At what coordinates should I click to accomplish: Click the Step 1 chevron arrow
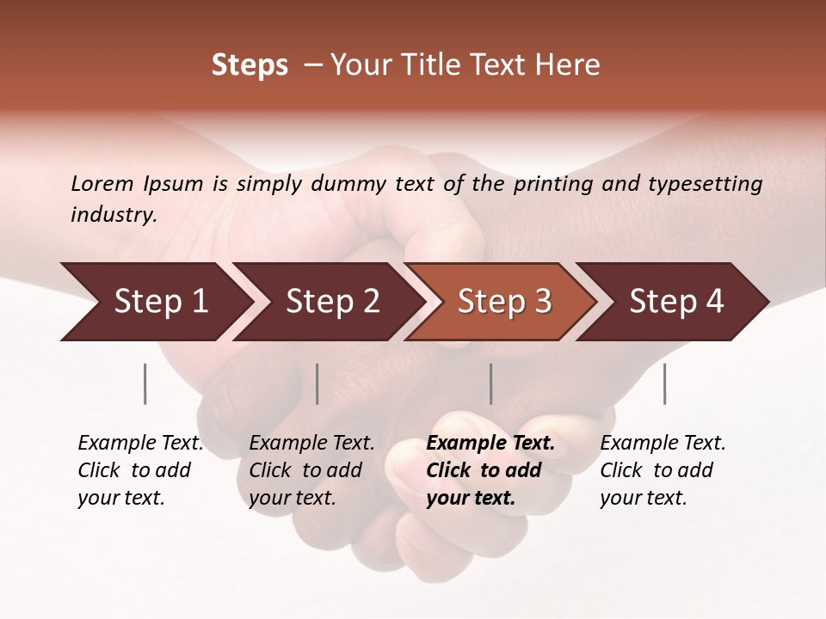click(x=155, y=302)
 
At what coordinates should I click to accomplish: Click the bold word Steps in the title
click(x=250, y=65)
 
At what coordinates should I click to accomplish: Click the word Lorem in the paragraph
click(x=102, y=183)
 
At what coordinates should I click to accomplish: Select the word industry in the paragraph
click(x=113, y=214)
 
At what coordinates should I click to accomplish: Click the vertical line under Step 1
click(x=145, y=383)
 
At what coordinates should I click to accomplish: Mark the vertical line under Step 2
click(x=317, y=383)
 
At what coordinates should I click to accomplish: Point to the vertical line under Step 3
click(x=491, y=383)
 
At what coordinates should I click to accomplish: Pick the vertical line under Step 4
click(x=665, y=383)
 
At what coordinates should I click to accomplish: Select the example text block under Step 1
click(x=140, y=470)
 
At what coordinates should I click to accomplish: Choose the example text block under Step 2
click(x=311, y=470)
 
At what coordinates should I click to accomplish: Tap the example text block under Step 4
click(x=663, y=470)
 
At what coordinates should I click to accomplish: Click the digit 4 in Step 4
click(x=714, y=302)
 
